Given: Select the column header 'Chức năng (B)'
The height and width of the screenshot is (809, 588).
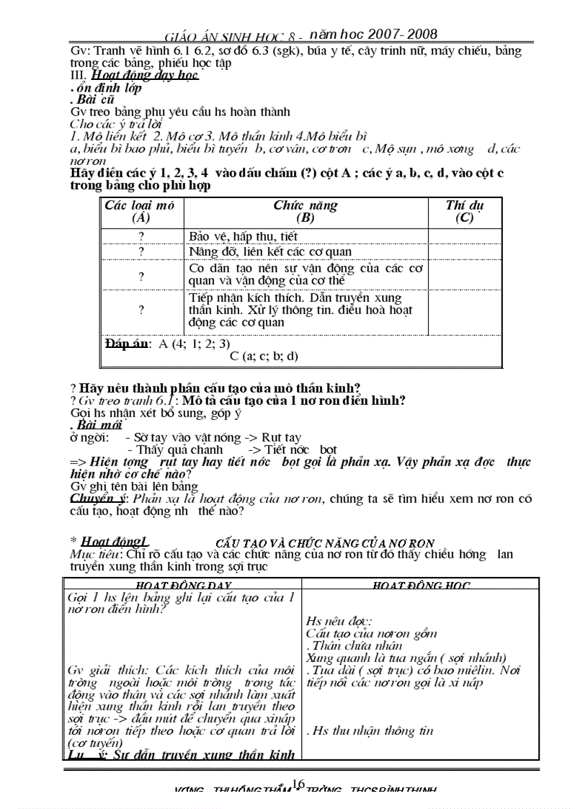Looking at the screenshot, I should (305, 212).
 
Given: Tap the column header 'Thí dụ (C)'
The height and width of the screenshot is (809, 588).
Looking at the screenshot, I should (464, 212).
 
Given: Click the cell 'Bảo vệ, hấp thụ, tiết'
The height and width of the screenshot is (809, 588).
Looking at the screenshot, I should (243, 236).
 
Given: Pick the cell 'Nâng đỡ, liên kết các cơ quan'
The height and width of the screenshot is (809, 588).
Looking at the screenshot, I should (270, 251).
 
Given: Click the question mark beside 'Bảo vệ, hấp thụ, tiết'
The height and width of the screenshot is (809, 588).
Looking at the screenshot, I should (141, 236).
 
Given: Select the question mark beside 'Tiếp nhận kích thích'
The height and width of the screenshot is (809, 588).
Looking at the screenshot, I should (141, 310).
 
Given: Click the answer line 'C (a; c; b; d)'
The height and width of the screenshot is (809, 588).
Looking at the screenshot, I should (264, 355).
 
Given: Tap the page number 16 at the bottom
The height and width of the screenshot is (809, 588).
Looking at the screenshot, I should (299, 783).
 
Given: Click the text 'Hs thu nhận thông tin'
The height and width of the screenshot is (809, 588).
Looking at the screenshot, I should (370, 730).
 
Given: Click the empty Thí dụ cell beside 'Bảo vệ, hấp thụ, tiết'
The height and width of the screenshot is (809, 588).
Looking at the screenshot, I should (464, 236).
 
